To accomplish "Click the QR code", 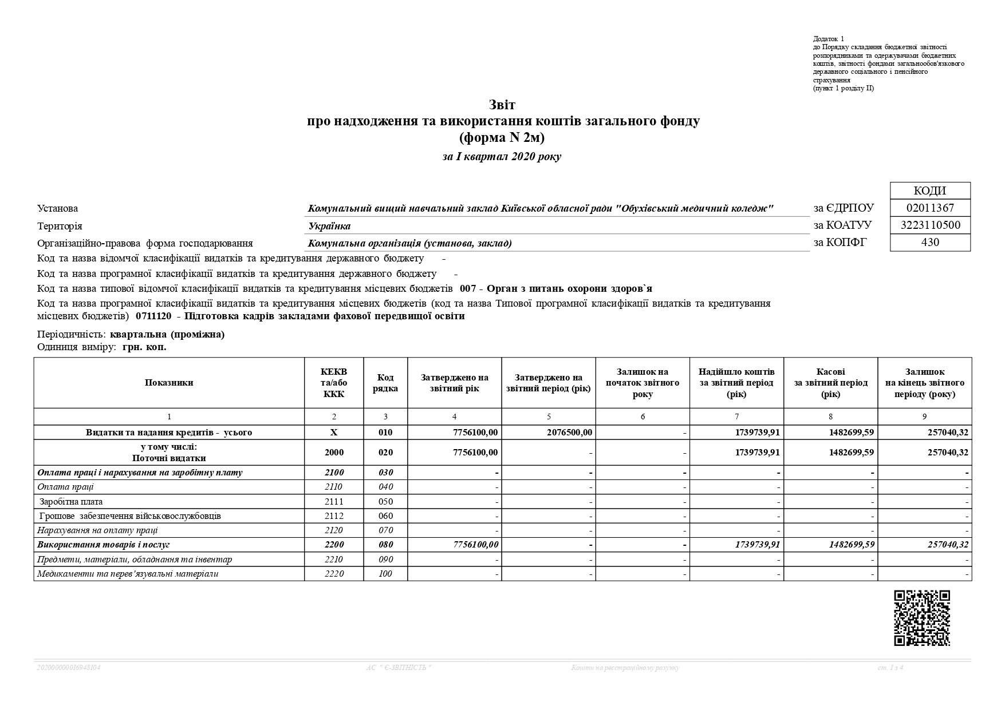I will pos(922,618).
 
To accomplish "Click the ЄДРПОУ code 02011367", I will pos(930,208).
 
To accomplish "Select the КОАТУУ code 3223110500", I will pos(930,225).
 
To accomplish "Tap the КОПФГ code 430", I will pos(930,242).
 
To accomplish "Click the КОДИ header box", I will pos(930,191).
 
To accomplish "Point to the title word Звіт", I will pos(502,105).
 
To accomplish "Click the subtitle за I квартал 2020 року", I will pos(502,157).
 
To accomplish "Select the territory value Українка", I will pos(329,226).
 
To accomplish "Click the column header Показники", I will pos(169,383).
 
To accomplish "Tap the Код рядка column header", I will pos(385,383).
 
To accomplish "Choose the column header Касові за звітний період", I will pos(830,383).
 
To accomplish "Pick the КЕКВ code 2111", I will pos(334,502).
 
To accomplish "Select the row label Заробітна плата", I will pos(71,502).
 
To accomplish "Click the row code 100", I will pos(385,573).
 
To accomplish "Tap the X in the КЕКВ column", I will pos(334,433).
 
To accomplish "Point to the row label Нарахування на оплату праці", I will pos(97,530).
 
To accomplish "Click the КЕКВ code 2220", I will pos(334,573).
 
